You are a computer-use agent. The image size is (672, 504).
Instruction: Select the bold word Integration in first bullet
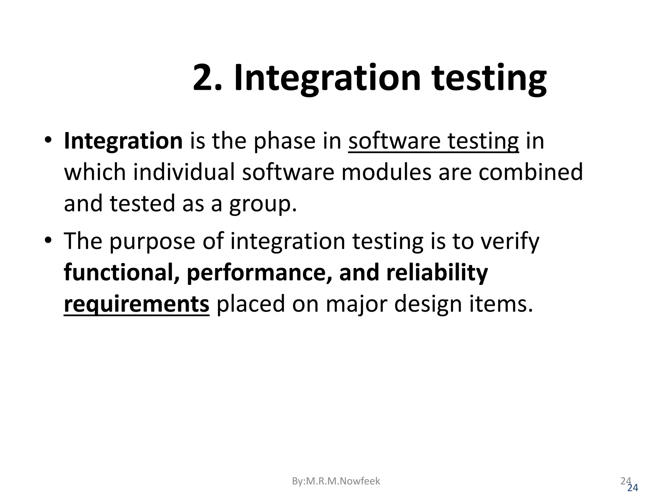(x=123, y=142)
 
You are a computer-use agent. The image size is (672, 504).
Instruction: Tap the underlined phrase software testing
(x=433, y=142)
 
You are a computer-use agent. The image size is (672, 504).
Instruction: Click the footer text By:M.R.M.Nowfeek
(x=336, y=481)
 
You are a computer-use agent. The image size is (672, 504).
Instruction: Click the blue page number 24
(x=632, y=488)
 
